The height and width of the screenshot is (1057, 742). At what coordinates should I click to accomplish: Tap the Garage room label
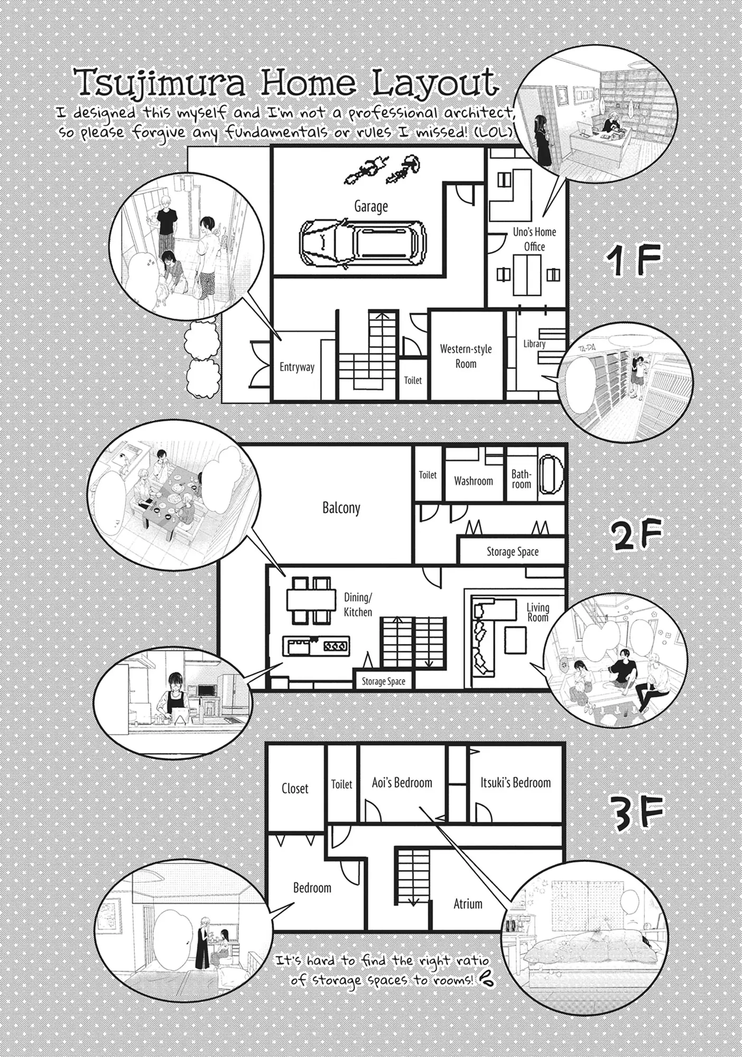tap(371, 206)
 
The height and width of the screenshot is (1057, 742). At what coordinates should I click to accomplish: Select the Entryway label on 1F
tap(297, 367)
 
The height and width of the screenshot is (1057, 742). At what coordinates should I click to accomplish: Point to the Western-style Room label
tap(466, 356)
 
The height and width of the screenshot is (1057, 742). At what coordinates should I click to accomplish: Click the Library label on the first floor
tap(534, 344)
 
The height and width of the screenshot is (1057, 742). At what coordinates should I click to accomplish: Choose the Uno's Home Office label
tap(534, 239)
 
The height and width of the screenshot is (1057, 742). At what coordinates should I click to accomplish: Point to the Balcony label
tap(341, 508)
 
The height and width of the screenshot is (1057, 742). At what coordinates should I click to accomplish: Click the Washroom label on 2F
tap(474, 481)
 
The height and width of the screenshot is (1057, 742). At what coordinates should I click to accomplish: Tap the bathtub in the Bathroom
tap(551, 475)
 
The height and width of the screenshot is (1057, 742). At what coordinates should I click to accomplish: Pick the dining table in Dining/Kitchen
tap(312, 599)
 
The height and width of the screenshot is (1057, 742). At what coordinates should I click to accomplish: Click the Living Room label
tap(538, 613)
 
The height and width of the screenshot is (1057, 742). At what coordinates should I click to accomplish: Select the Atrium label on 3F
tap(468, 904)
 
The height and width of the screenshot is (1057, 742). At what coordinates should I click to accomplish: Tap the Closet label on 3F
tap(295, 789)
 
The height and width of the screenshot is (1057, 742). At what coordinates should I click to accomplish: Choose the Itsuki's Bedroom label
tap(515, 783)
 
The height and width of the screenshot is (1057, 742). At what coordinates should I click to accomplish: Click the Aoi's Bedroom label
tap(402, 783)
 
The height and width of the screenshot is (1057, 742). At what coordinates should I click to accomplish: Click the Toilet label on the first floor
tap(413, 380)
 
